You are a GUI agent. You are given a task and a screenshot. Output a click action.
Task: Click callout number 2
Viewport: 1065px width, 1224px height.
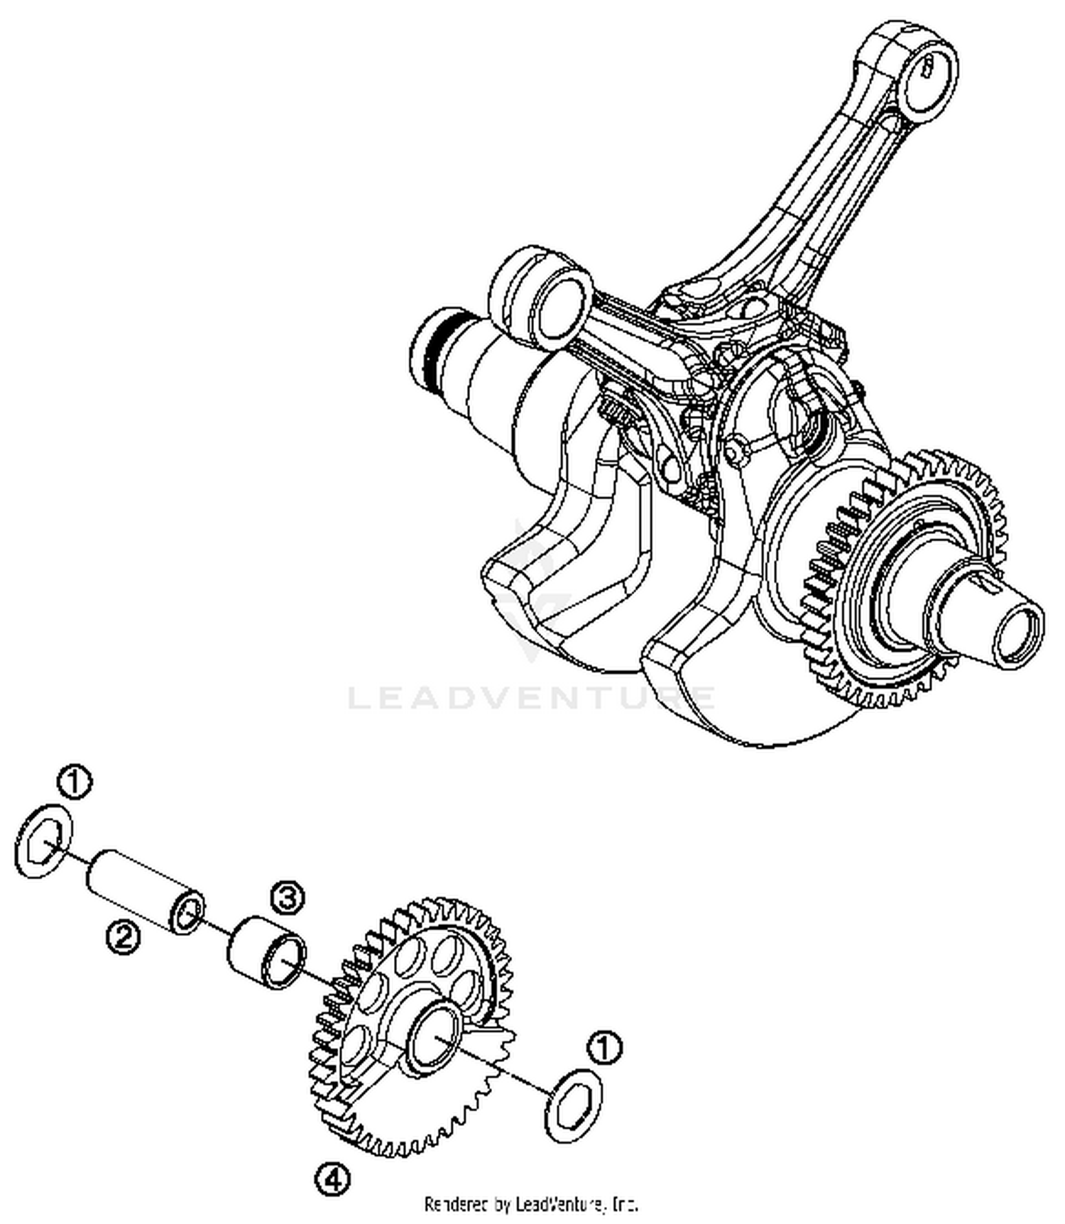[x=123, y=938]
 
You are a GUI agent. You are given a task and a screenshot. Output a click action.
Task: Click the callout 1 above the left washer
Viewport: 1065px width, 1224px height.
[x=75, y=782]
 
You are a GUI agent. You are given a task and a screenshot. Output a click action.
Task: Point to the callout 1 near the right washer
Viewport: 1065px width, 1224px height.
[x=604, y=1048]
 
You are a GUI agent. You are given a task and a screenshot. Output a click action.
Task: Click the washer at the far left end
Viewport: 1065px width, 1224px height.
[x=44, y=842]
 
